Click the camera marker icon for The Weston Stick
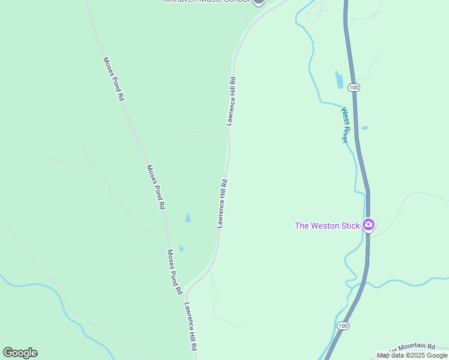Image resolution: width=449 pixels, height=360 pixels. click(x=369, y=225)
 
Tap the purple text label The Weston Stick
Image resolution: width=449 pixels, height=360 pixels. click(x=327, y=226)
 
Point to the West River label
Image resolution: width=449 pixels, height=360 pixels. click(x=345, y=125)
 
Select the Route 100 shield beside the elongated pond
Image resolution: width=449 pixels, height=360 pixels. click(x=354, y=88)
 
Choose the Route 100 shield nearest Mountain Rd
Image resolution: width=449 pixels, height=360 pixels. click(x=342, y=326)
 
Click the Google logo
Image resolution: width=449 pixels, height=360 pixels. click(x=20, y=353)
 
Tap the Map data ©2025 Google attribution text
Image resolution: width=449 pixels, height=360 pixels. click(x=412, y=355)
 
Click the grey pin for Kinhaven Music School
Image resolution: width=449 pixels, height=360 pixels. click(x=259, y=2)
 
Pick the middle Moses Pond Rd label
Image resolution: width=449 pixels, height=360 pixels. click(x=156, y=187)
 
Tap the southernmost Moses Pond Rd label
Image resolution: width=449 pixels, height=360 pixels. click(x=175, y=272)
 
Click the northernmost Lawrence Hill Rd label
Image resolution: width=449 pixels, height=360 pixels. click(x=231, y=100)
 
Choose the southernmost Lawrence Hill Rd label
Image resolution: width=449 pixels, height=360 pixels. click(x=191, y=326)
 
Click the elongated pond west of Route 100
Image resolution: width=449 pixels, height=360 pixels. click(x=339, y=80)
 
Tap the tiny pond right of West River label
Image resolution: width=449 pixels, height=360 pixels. click(x=364, y=128)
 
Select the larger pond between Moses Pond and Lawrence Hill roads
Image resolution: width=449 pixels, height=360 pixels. click(x=188, y=218)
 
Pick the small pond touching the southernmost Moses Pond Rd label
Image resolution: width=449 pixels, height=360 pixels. click(x=181, y=248)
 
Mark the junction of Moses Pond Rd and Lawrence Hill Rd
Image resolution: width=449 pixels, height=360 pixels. click(x=187, y=290)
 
